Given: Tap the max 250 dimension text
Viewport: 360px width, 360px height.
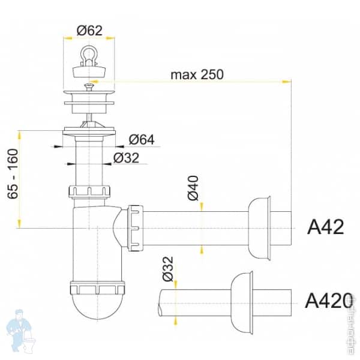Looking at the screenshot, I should coord(197,74).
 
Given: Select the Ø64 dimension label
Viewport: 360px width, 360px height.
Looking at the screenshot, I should coord(142,140).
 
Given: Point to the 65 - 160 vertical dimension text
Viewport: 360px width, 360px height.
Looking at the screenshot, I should coord(13,173).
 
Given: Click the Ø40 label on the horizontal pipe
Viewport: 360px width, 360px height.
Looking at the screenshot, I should coord(193,188).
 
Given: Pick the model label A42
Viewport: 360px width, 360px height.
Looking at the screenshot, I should coord(325,227).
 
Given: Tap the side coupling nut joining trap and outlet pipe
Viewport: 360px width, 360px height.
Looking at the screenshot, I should coord(135,227).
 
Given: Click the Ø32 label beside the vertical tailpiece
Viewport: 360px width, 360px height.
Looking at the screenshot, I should coord(126,158).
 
